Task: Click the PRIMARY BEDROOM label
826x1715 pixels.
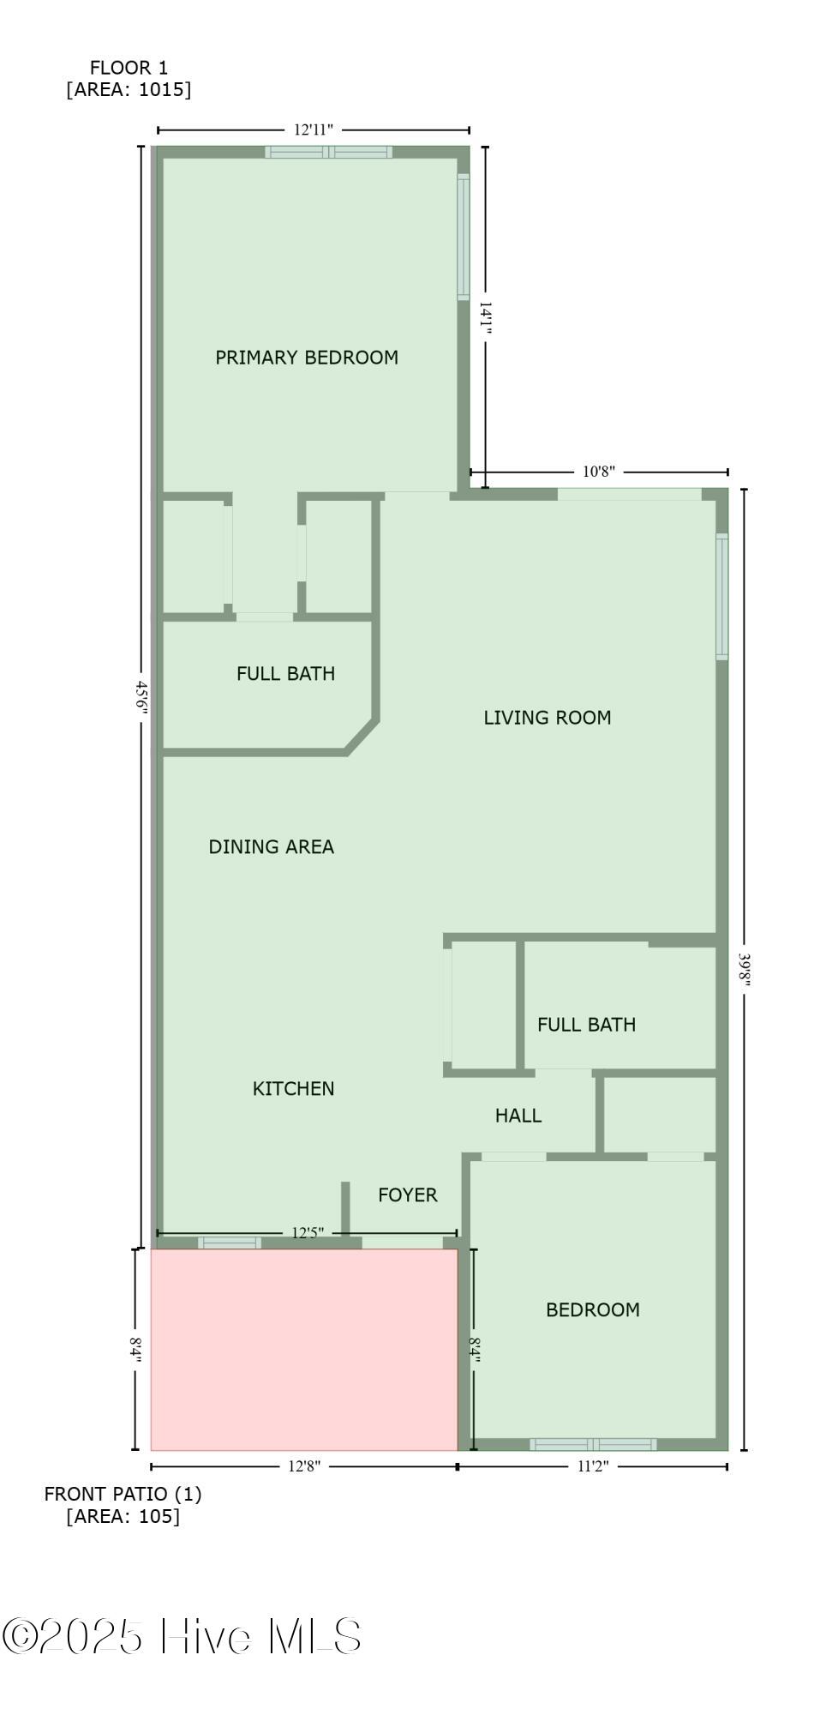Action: coord(307,358)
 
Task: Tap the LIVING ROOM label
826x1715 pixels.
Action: coord(548,718)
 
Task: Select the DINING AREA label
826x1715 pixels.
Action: coord(272,847)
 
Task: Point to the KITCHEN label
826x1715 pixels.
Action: coord(293,1089)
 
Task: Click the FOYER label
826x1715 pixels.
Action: coord(408,1195)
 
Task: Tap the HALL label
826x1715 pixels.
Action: coord(518,1116)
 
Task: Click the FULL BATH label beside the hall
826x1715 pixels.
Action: coord(587,1025)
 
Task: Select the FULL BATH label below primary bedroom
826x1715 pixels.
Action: coord(286,674)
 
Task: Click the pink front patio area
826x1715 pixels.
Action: coord(304,1350)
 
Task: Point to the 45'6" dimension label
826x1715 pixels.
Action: coord(142,698)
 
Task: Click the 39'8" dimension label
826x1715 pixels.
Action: coord(745,970)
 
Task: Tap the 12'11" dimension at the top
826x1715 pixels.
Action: coord(313,130)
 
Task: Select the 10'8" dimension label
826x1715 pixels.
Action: coord(599,472)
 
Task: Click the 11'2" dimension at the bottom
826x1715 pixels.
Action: coord(592,1466)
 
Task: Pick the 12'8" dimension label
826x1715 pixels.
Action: coord(304,1466)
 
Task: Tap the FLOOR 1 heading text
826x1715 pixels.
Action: coord(129,68)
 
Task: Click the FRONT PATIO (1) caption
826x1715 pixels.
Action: coord(123,1494)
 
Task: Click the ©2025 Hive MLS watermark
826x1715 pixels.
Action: coord(182,1636)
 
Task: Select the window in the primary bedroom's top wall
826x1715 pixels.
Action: coord(328,153)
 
